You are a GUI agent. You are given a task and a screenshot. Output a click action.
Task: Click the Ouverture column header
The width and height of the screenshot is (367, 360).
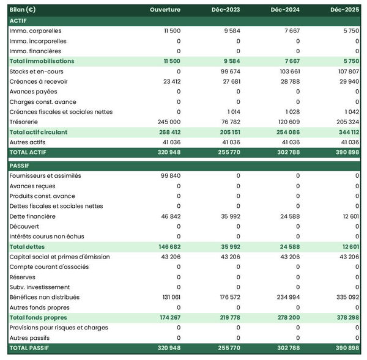[165, 10]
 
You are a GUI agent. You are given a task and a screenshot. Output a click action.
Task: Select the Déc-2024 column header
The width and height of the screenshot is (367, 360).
[284, 10]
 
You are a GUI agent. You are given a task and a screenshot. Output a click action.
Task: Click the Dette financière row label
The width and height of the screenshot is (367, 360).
[32, 216]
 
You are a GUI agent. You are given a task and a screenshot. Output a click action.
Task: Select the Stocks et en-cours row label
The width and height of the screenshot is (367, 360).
[37, 72]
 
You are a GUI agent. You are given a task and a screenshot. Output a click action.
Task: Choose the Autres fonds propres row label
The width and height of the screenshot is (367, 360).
[40, 307]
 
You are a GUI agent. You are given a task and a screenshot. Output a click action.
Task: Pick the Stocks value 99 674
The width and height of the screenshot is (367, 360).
[229, 72]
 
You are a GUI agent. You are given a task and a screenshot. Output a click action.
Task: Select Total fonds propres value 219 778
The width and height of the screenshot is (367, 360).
[228, 318]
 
